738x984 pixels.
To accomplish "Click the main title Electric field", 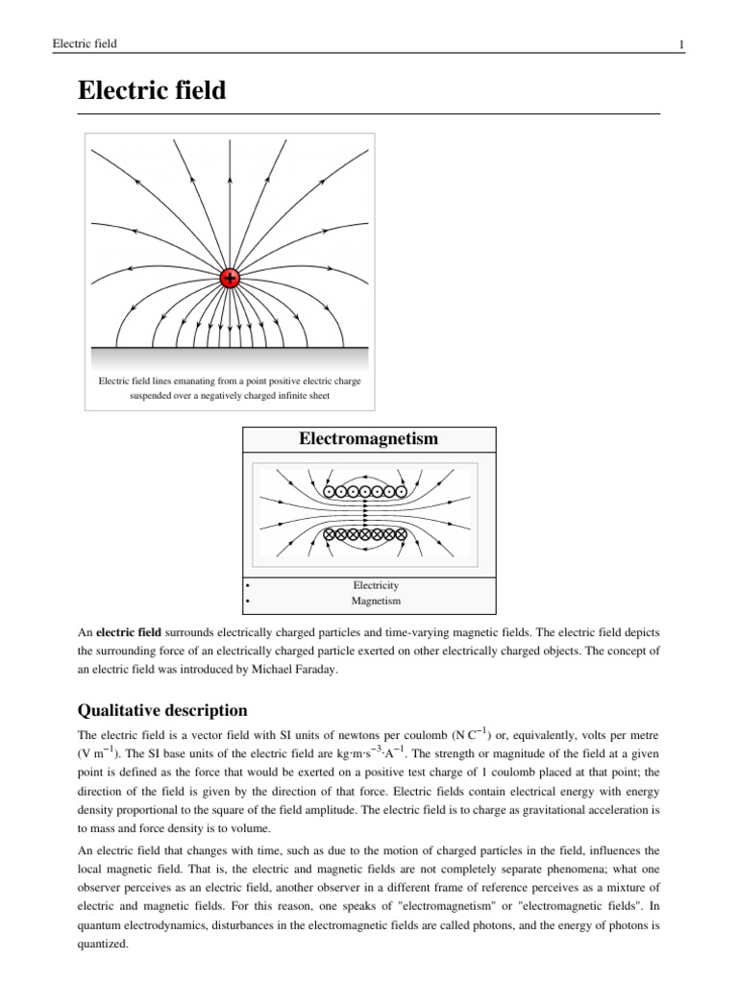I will (x=152, y=91).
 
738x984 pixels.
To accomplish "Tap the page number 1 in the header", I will (x=680, y=44).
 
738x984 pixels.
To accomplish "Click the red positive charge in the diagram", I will (x=230, y=279).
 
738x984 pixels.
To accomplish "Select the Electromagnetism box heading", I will (x=369, y=439).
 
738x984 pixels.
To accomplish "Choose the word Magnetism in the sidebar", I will (x=375, y=601).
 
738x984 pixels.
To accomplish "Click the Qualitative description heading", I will (x=161, y=711).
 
